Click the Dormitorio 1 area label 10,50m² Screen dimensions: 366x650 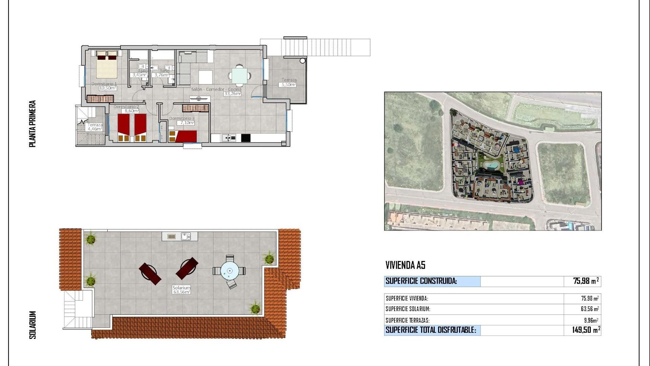108,88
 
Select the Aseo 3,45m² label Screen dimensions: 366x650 139,75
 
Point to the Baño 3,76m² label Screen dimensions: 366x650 161,75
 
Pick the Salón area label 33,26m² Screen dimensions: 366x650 232,94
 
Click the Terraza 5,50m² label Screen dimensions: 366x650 289,85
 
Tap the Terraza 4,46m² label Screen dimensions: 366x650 95,129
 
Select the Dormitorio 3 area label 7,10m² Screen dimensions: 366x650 186,123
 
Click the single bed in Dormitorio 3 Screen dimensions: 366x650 183,136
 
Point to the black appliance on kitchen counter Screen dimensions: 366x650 246,138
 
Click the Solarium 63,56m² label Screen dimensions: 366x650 181,292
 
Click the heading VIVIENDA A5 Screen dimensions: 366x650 405,265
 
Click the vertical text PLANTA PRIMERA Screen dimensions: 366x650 32,124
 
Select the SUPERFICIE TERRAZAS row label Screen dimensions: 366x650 408,320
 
